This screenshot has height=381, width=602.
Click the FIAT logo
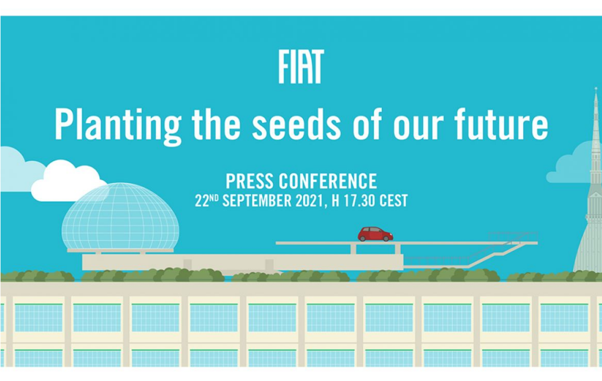click(301, 66)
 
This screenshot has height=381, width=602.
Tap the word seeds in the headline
click(296, 124)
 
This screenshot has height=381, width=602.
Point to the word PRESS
click(249, 181)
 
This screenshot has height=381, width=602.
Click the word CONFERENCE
click(328, 181)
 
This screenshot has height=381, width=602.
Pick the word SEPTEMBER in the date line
click(257, 201)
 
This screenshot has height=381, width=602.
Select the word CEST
click(394, 201)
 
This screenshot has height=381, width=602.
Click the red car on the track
click(375, 234)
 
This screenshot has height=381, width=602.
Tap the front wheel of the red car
click(386, 238)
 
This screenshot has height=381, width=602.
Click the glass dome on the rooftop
click(120, 216)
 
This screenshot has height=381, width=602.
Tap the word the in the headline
click(216, 124)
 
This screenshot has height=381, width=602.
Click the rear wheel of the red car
click(362, 238)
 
